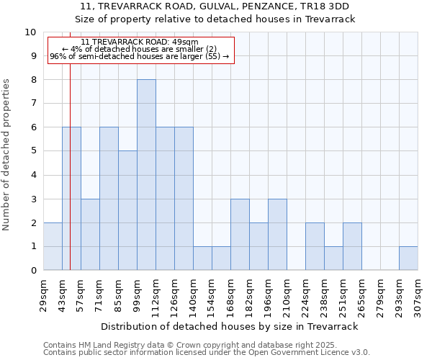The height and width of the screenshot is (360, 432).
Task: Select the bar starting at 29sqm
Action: (x=53, y=247)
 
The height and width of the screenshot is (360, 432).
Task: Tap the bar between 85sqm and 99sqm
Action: (x=127, y=210)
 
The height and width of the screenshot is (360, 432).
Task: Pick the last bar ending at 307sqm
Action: (x=408, y=258)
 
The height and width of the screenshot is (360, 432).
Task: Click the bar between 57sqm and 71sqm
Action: (x=90, y=235)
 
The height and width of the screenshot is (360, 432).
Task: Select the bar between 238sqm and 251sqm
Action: (x=333, y=258)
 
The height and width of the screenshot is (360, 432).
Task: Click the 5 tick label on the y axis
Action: (x=32, y=151)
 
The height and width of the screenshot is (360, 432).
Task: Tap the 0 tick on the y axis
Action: (x=32, y=271)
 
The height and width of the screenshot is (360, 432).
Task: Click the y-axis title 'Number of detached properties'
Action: (x=6, y=155)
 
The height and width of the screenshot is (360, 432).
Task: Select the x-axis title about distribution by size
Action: (x=230, y=326)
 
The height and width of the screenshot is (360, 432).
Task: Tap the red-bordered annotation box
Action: (x=141, y=50)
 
